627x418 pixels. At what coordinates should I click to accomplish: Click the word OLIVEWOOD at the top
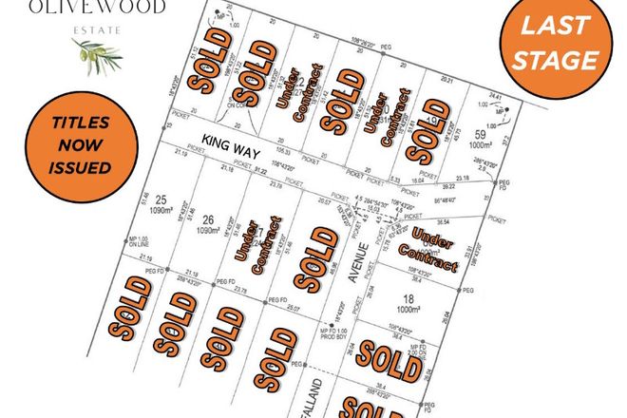tap(99, 8)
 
